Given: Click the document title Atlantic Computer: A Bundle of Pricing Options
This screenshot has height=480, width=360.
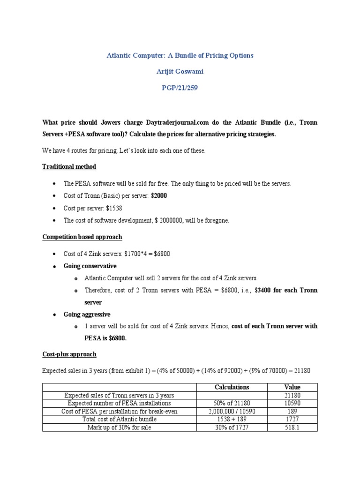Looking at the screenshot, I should coord(180,55).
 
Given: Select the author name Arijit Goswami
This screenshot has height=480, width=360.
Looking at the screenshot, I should coord(180,72).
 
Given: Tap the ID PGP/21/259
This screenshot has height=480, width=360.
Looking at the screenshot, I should coord(180,88).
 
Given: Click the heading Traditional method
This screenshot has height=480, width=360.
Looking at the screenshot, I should coord(69,166).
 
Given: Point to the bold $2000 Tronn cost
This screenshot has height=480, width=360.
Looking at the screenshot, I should coord(158,196).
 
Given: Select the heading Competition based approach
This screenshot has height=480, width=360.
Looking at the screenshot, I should coord(82,237).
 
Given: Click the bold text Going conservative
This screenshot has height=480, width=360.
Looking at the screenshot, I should coord(90,266).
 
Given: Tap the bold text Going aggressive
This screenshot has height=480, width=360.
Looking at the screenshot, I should coord(87,314).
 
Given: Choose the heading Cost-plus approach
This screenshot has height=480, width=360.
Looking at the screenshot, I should coord(69,354).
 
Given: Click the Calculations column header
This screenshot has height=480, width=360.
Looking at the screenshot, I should coord(232,387).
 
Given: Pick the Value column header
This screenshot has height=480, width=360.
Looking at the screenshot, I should coord(292,387).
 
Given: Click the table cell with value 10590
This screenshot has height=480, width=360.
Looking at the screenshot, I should coord(292,403).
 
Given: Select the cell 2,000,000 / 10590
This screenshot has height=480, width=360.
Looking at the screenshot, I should coord(232,411).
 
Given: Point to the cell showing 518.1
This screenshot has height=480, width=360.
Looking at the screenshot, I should coord(292,427).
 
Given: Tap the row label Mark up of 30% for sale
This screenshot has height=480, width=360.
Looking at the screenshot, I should coord(120,427).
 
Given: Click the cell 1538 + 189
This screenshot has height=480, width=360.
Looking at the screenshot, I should coord(232,419).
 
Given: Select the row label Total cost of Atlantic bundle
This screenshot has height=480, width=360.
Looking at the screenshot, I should coord(120,419).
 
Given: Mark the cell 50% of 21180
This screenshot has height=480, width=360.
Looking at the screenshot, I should coord(232,403).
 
